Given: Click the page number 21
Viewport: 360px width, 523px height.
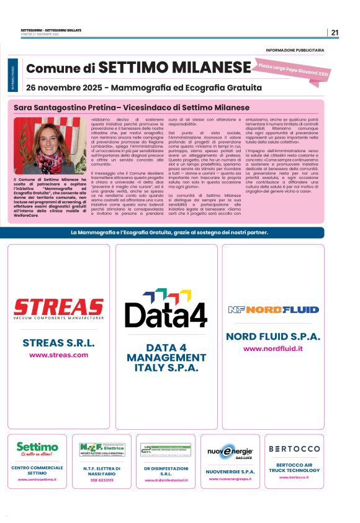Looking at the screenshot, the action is coord(335,33).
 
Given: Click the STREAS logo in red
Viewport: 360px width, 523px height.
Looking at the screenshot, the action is coord(59,307).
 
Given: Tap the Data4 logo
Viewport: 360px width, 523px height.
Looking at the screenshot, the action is coord(166,309).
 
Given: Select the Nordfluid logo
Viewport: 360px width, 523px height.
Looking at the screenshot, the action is coord(273,309).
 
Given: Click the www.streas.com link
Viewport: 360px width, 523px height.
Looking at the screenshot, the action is coord(59,355).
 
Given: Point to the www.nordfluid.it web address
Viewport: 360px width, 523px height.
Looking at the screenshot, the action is coord(273,348).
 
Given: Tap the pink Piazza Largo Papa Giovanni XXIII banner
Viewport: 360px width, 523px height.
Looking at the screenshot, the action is coord(294,69).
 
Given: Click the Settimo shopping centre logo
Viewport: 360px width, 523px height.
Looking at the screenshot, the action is coord(38,449).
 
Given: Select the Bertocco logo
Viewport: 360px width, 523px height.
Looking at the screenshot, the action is coord(294,448).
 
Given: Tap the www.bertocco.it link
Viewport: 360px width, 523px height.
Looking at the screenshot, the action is coord(294,477).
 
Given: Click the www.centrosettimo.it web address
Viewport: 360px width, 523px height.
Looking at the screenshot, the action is coord(38,480).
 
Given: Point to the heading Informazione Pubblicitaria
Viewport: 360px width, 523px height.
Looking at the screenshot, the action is coord(294,50).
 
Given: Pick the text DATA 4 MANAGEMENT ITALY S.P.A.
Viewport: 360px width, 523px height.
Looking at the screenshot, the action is coord(166,357).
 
